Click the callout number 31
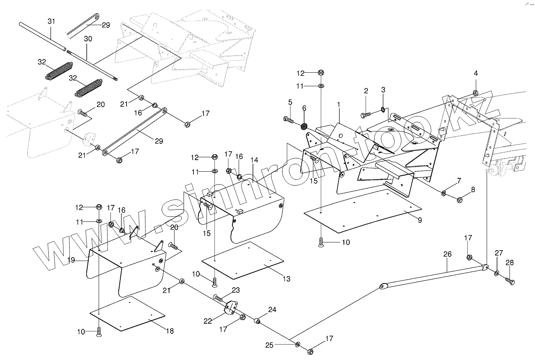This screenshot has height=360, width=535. tap(51, 22)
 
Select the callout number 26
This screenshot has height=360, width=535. tap(447, 254)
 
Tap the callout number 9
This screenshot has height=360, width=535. tap(420, 220)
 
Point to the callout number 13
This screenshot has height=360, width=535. tap(286, 279)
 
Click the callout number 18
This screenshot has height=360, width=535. tap(170, 331)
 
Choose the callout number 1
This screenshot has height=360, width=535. tap(338, 104)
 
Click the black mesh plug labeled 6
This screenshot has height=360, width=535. tap(304, 126)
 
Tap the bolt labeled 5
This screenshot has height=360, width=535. tap(288, 119)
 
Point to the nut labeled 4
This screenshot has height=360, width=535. tap(475, 93)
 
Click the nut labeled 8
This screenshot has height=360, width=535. tap(460, 200)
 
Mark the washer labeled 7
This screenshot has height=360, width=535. tap(444, 193)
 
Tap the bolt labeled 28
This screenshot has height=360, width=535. tap(510, 282)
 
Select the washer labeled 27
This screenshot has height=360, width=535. tap(497, 273)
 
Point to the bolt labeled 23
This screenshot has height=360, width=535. tap(219, 298)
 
